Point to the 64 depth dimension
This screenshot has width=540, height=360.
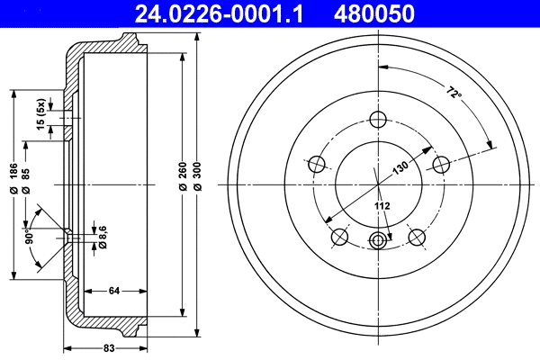click(x=114, y=290)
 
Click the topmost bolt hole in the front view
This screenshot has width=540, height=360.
click(x=378, y=119)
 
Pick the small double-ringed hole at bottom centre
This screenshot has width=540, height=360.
click(x=378, y=239)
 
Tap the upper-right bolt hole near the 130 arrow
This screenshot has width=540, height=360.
click(x=441, y=165)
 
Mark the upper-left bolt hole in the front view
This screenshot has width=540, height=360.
click(x=316, y=165)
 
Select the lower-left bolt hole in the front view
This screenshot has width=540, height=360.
click(x=339, y=237)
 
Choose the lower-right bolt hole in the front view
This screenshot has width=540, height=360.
click(x=417, y=237)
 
